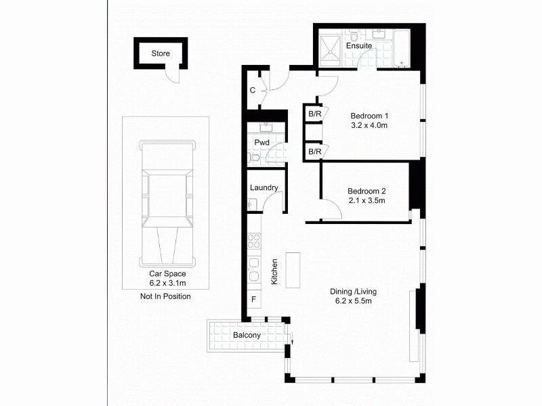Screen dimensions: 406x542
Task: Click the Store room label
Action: [x=161, y=53]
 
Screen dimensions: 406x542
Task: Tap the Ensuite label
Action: [x=358, y=46]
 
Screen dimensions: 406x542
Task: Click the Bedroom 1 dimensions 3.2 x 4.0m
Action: [x=369, y=125]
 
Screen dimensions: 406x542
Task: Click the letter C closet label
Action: [x=252, y=90]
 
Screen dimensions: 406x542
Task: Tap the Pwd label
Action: [x=262, y=143]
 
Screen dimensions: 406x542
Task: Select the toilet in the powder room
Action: [x=254, y=158]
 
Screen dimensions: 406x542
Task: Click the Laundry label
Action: [x=264, y=187]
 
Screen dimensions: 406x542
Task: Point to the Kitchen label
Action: [x=275, y=271]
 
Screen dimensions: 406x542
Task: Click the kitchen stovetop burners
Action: [x=254, y=241]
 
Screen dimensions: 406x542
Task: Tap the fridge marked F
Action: [x=253, y=298]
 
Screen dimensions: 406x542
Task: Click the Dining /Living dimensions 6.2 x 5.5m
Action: [x=353, y=301]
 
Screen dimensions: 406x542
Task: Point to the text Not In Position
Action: [x=165, y=296]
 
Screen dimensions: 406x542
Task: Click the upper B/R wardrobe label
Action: [x=314, y=114]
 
